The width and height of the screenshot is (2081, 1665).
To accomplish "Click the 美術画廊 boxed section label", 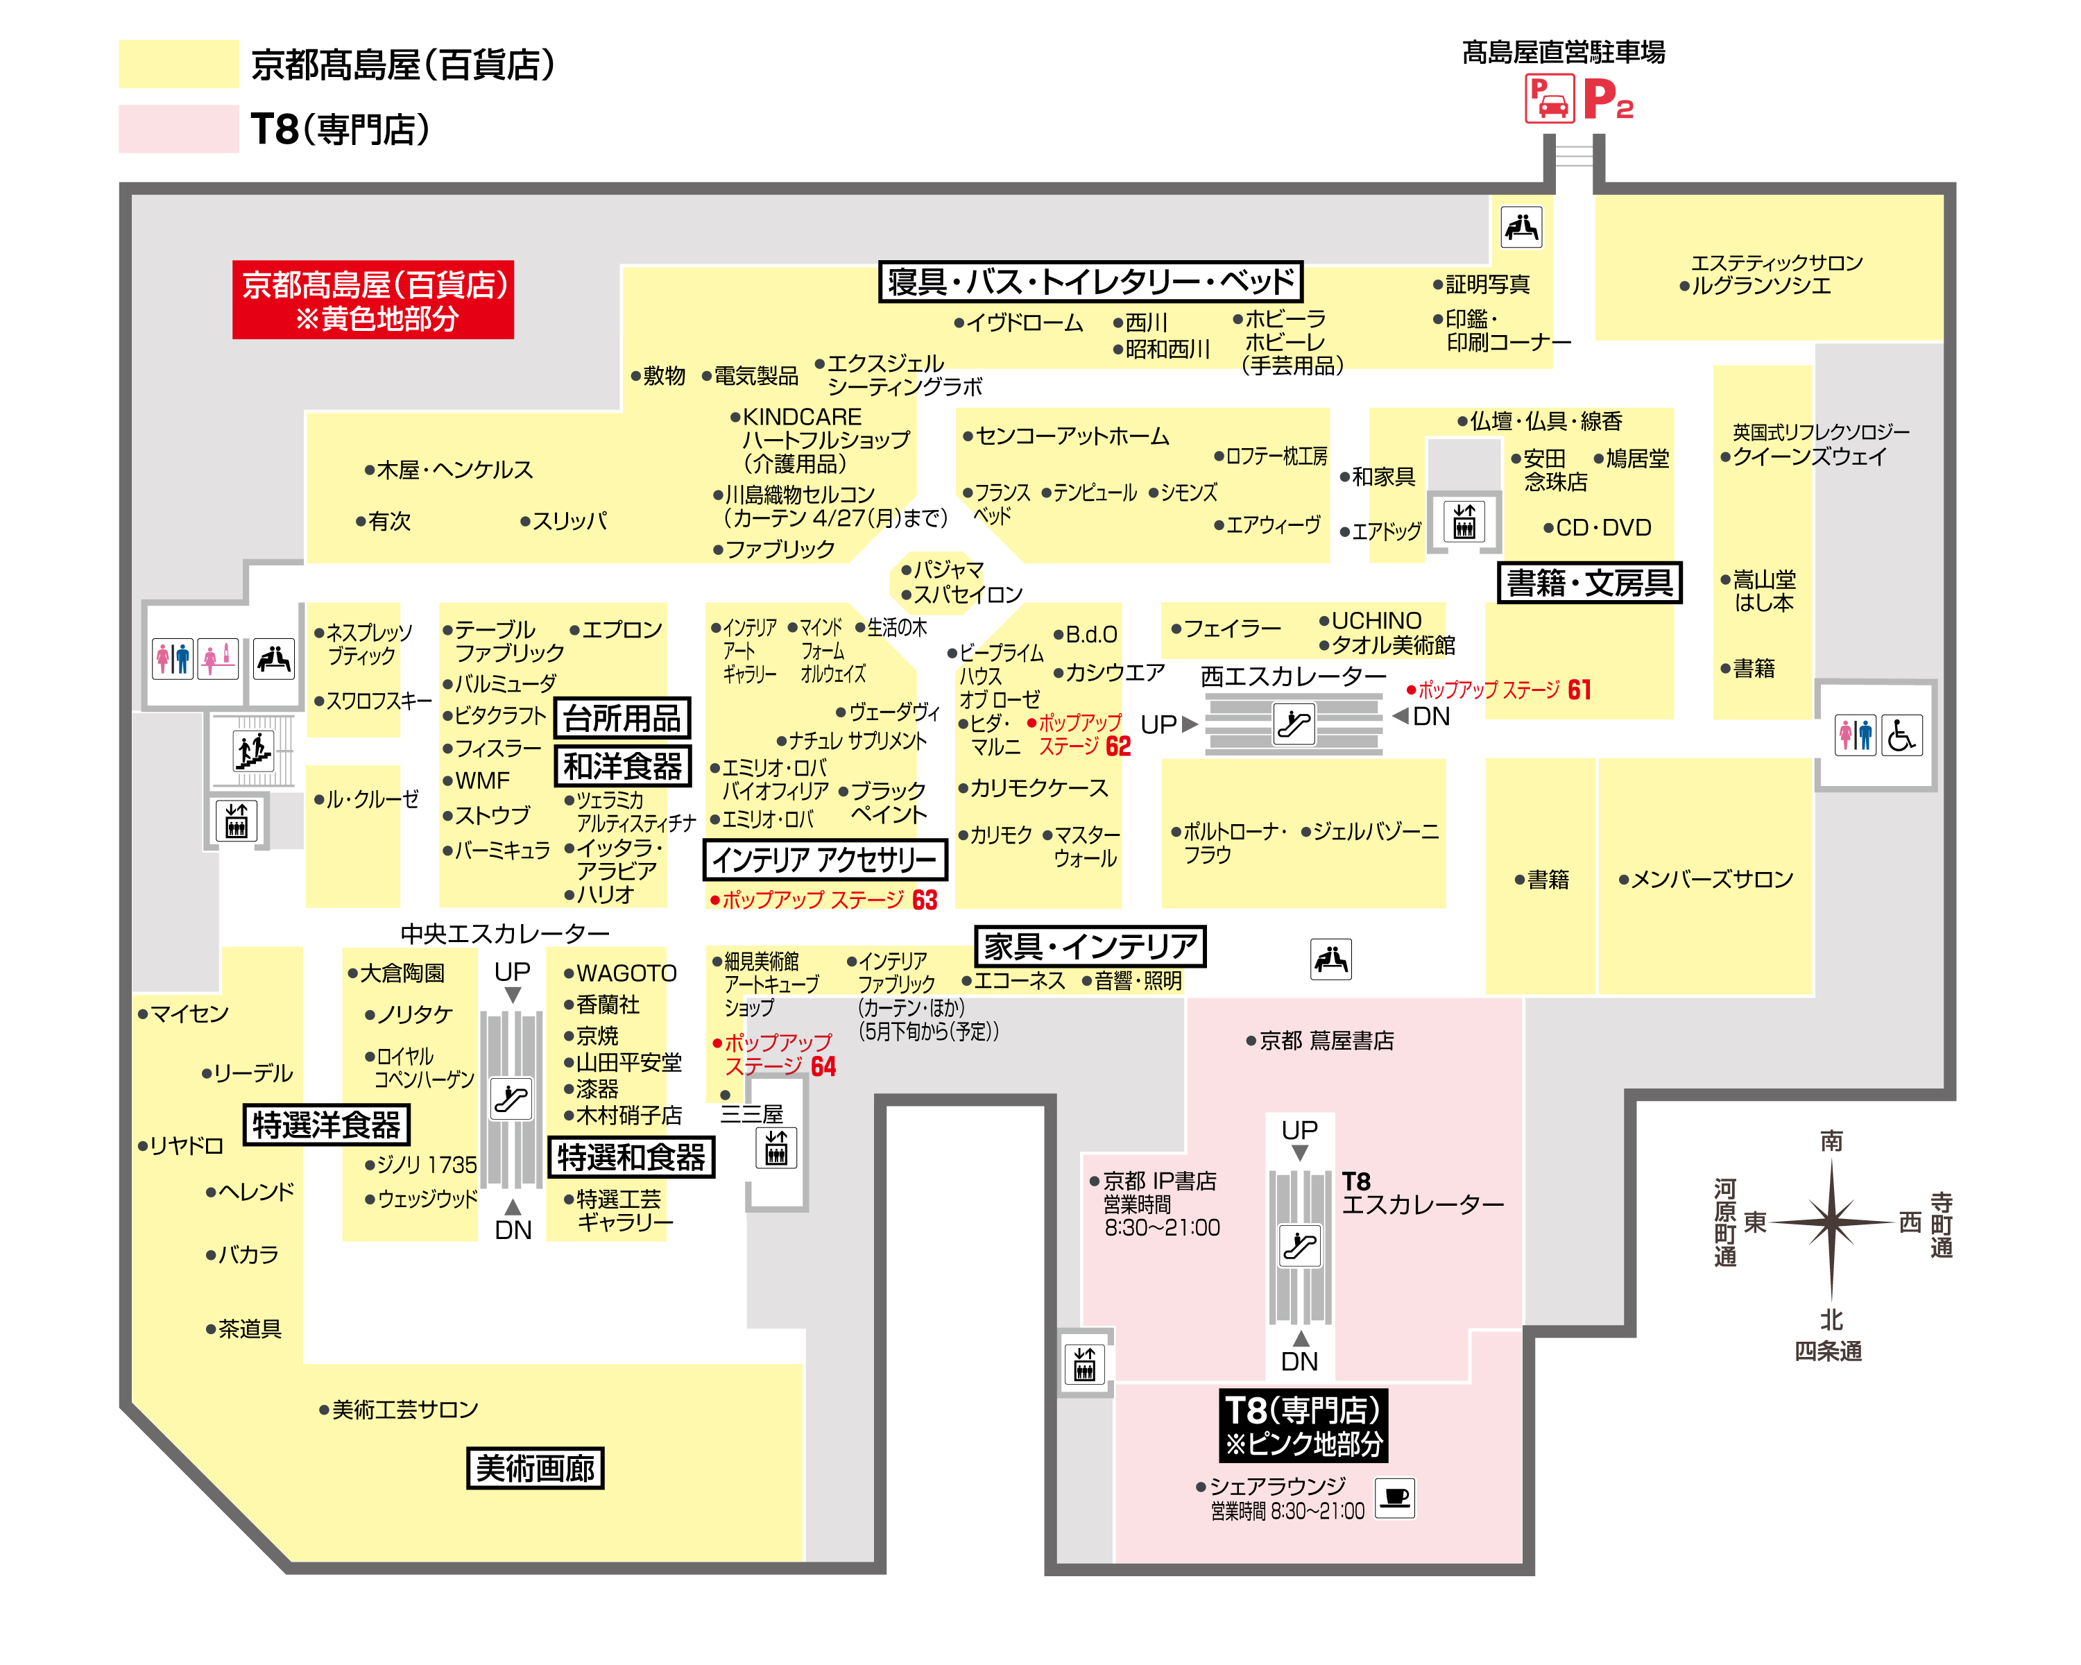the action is click(x=535, y=1468).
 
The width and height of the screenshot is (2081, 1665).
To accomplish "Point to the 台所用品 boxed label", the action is click(x=622, y=718).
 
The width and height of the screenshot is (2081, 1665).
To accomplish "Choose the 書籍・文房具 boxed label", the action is click(x=1590, y=583).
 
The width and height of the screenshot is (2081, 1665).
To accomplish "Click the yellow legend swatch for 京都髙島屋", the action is click(x=178, y=64).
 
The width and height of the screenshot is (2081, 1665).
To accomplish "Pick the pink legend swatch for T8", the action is click(x=178, y=128).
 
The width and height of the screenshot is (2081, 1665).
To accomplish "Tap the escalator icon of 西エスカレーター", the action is click(x=1294, y=724).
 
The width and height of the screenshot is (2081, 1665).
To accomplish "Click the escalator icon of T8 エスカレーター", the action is click(x=1300, y=1245).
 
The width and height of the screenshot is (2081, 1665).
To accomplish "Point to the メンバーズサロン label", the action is click(x=1706, y=879).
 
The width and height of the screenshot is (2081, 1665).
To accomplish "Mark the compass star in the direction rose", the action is click(x=1831, y=1222).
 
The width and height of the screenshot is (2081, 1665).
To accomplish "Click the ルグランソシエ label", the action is click(x=1755, y=286).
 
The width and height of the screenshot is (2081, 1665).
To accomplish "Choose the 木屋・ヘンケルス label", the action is click(x=449, y=470).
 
